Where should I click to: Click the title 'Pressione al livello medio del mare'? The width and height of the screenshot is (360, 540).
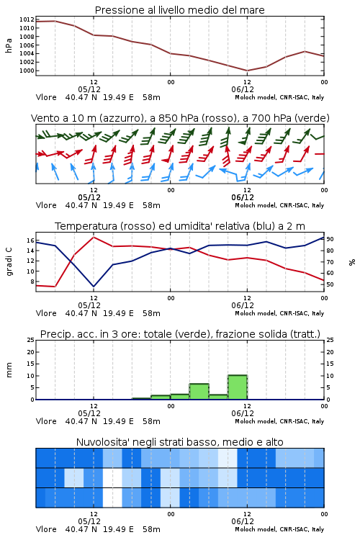click(x=179, y=10)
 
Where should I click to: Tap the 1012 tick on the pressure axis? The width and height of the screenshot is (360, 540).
click(x=27, y=19)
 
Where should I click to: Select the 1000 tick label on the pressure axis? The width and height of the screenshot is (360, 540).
click(x=27, y=71)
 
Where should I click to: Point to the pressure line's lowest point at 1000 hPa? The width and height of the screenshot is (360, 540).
click(x=247, y=71)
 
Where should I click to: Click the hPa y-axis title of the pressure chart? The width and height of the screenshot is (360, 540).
click(x=9, y=45)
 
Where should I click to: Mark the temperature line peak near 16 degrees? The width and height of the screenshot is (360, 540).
click(x=94, y=237)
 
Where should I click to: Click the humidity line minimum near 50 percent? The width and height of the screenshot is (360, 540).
click(x=94, y=287)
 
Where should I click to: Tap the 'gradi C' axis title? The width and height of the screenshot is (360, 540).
click(x=9, y=262)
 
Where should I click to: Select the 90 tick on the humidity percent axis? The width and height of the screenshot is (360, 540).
click(x=330, y=239)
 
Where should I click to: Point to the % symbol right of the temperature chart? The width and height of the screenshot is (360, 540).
click(x=352, y=262)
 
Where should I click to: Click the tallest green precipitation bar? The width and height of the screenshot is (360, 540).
click(x=238, y=387)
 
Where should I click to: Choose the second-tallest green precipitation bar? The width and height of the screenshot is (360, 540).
click(x=199, y=392)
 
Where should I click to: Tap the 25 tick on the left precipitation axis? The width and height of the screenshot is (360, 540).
click(x=31, y=340)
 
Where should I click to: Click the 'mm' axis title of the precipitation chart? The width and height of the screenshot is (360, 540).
click(x=9, y=370)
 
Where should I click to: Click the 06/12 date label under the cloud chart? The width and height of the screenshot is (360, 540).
click(x=243, y=521)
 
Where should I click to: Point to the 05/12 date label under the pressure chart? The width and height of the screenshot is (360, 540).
click(x=89, y=89)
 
